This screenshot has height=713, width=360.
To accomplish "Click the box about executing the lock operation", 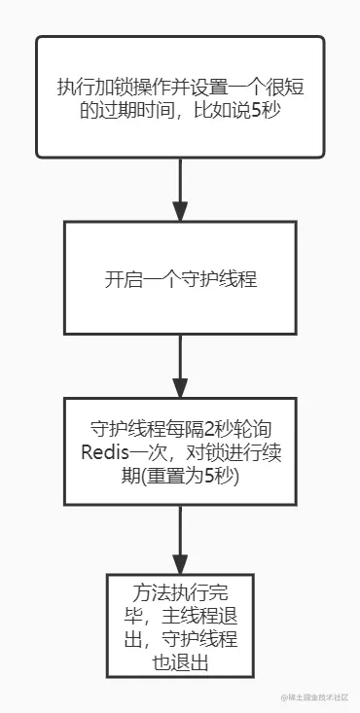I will click(180, 96).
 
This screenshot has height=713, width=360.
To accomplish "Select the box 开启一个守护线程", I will click(180, 279).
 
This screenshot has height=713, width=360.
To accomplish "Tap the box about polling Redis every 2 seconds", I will click(180, 451).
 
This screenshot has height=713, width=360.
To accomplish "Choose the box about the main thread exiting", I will click(180, 625).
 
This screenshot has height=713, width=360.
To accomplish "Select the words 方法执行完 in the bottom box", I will click(180, 593).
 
